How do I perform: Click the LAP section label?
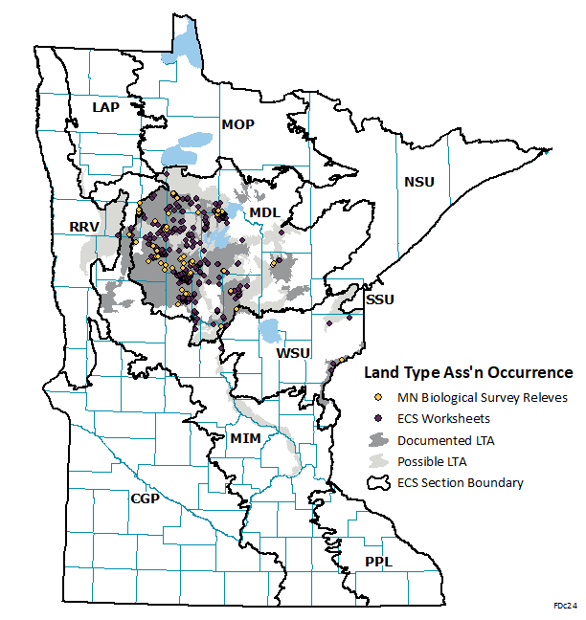coord(105,107)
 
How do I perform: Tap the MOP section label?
coord(238,124)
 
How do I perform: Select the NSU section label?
coord(419,182)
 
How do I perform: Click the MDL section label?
coord(262,211)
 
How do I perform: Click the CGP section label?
coord(145,498)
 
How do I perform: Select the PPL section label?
coord(378,562)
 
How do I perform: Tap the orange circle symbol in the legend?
coord(378,397)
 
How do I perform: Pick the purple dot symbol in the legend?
coord(378,418)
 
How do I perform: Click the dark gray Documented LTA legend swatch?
coord(378,440)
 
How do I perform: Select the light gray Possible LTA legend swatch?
coord(378,461)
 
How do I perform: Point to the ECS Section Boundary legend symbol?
coord(378,483)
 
